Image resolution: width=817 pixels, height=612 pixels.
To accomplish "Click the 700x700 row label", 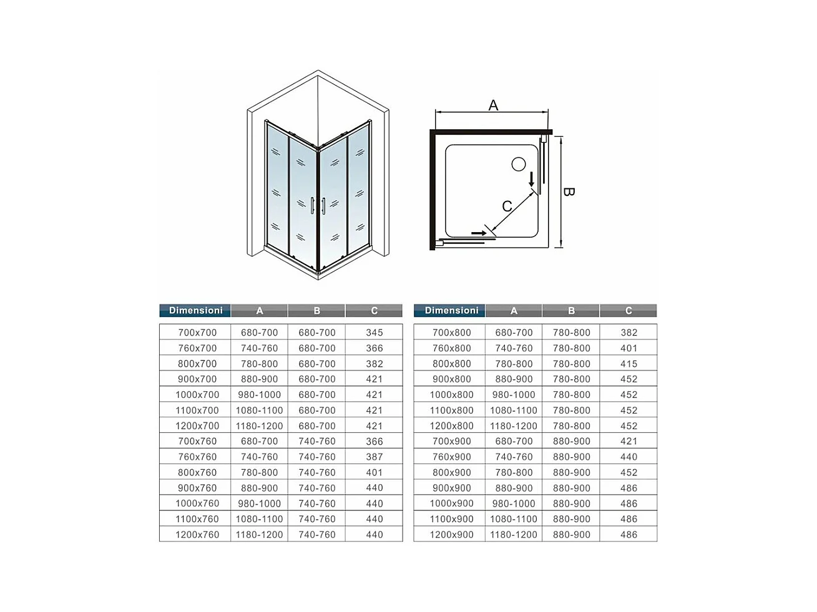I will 197,333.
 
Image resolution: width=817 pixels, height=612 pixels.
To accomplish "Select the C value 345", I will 374,333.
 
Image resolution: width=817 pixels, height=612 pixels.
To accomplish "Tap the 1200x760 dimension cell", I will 197,535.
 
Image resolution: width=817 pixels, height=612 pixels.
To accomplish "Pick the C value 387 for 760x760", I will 374,457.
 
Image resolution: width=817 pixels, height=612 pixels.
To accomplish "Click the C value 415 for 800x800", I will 629,364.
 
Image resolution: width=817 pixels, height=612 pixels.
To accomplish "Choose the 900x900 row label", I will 452,488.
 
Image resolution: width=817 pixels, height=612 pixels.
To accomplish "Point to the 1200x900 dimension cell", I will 452,535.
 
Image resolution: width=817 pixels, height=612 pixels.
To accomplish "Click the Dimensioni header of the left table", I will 195,311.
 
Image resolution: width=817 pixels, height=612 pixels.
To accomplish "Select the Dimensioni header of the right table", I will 451,311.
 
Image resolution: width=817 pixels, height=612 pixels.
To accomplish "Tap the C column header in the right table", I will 629,311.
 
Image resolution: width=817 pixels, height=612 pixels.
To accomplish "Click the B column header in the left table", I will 317,311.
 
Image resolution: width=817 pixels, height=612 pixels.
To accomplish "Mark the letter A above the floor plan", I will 493,105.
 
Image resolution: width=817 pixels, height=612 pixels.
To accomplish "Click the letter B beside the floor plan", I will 568,192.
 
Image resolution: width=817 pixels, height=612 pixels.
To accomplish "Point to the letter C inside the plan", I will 507,206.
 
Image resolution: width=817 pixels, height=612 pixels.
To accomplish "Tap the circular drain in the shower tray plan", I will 519,164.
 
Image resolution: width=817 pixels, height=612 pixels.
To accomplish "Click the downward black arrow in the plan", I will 532,179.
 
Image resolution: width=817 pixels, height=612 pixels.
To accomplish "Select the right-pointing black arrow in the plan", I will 479,233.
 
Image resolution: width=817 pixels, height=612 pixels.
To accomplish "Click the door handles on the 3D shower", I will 318,206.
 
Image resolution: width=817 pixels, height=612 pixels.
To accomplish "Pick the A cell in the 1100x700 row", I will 259,410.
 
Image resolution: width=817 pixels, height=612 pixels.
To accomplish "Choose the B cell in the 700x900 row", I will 571,441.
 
